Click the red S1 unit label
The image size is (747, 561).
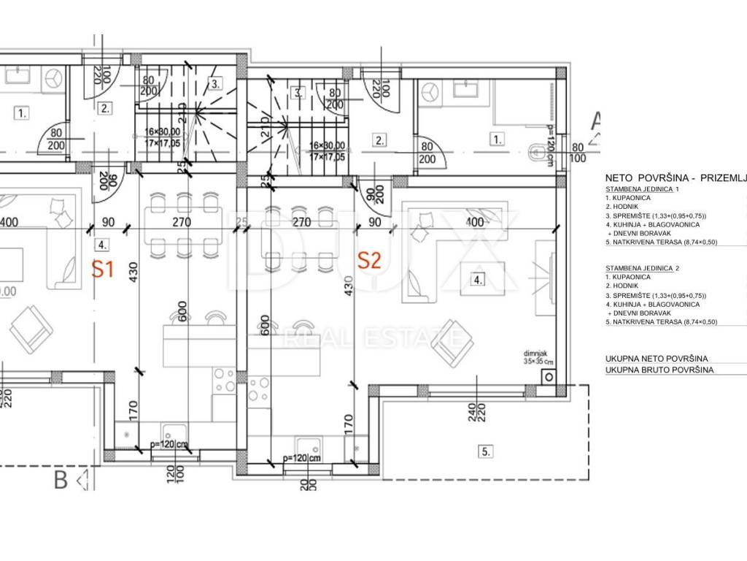click(103, 269)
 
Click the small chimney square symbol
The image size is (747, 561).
click(547, 375)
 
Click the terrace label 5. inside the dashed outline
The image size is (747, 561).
click(485, 451)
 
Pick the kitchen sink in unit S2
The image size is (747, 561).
click(305, 445)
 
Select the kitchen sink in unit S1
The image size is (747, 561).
click(173, 432)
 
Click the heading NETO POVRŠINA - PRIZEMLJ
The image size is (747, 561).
click(676, 178)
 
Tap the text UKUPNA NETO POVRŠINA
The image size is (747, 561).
click(657, 359)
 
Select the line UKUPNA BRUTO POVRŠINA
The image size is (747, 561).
click(659, 370)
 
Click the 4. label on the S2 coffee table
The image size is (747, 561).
click(478, 279)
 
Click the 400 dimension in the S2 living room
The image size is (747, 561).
click(475, 221)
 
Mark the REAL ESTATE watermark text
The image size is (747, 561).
click(372, 337)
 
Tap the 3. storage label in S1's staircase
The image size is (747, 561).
click(215, 83)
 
